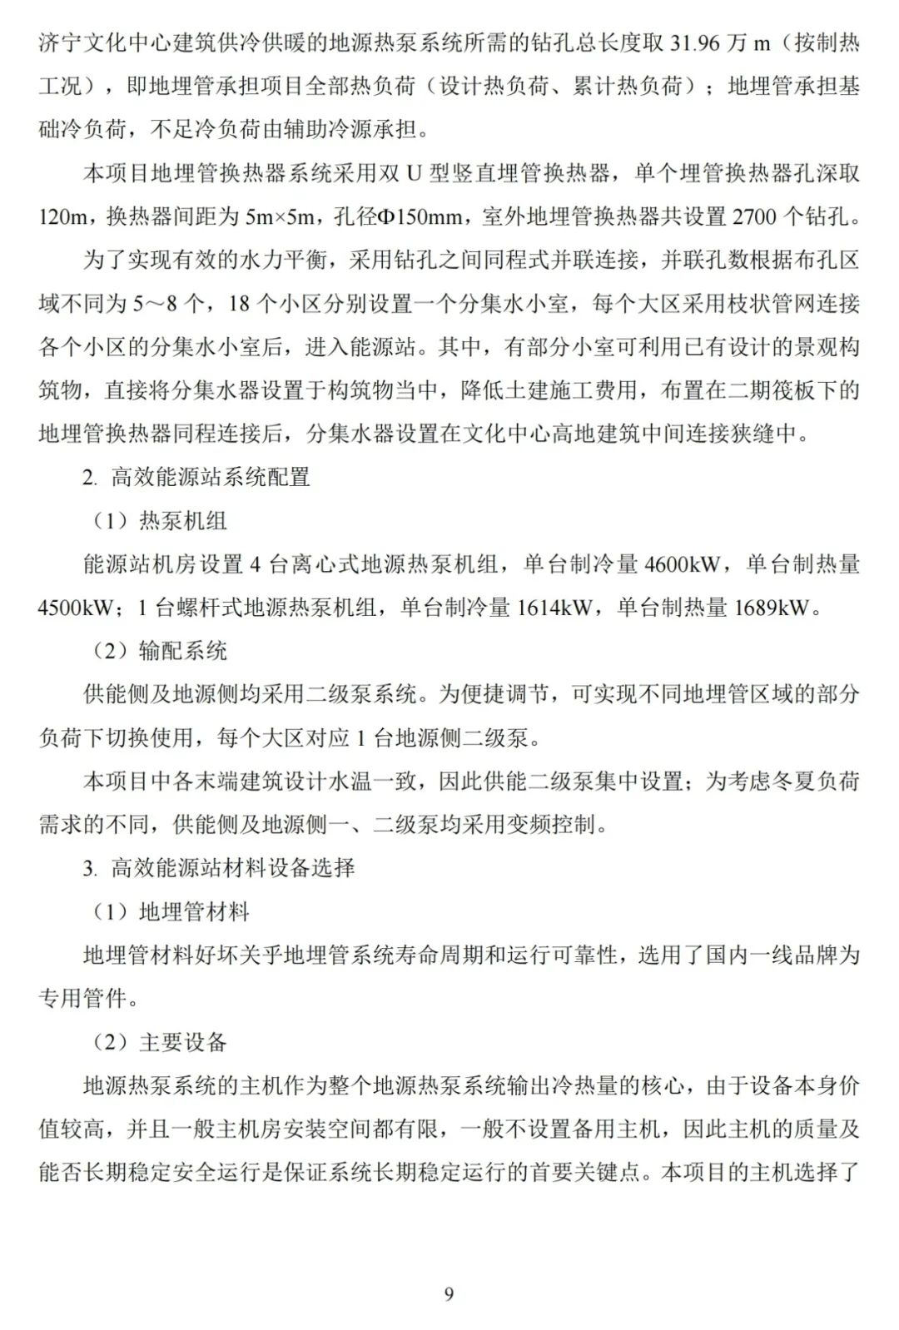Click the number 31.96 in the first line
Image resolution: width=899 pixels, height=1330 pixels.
[x=695, y=43]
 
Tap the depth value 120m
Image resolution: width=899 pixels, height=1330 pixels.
[x=63, y=217]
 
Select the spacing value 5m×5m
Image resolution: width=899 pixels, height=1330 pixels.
[x=280, y=217]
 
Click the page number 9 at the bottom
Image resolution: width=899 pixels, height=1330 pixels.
[x=449, y=1293]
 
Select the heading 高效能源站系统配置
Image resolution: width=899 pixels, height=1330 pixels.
[x=211, y=478]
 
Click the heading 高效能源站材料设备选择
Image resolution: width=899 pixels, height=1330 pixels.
[x=233, y=868]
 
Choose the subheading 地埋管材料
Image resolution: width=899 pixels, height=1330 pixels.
[x=194, y=911]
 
